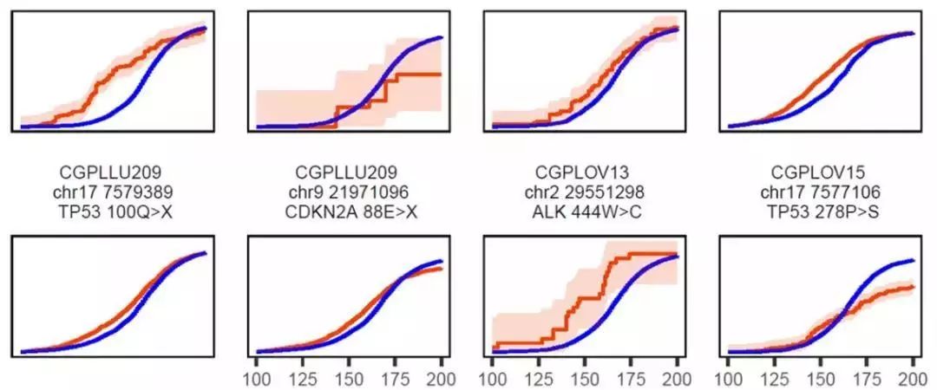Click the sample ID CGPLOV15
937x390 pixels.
816,172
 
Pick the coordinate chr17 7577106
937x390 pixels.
816,192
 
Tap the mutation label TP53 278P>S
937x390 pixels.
816,211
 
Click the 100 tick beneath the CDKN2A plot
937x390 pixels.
258,378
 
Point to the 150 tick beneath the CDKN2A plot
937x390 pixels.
350,378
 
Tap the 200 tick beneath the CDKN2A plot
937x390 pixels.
442,378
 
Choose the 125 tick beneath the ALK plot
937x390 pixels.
539,378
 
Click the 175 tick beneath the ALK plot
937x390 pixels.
631,378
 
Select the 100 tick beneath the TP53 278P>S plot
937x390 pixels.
729,378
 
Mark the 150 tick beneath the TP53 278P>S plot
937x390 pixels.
821,378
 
